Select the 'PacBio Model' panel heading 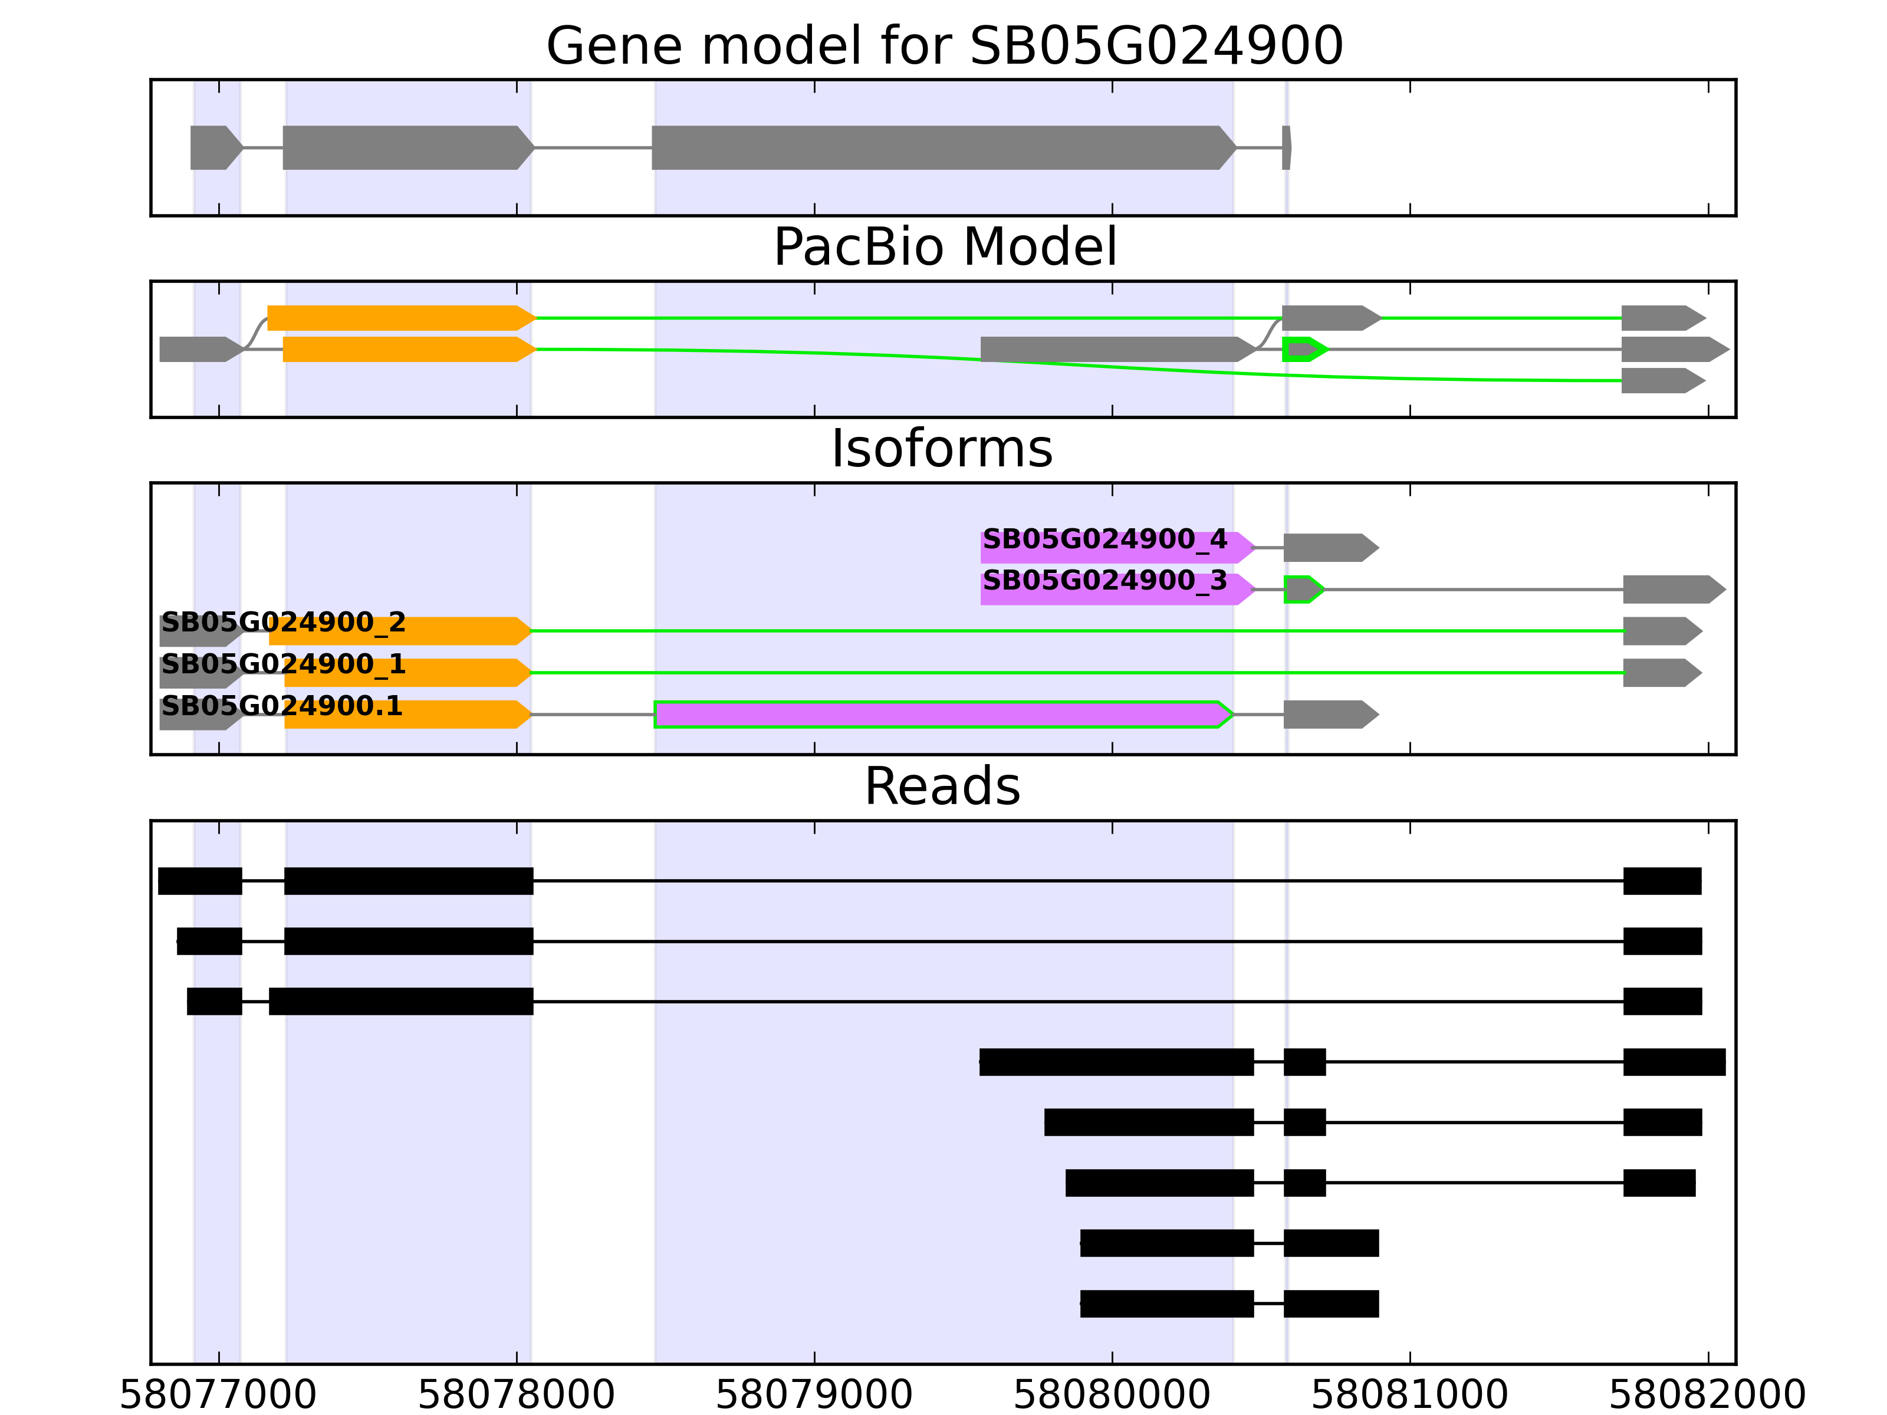tap(943, 248)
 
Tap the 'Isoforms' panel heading tap(942, 449)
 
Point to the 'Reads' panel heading tap(942, 787)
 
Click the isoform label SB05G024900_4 tap(1104, 540)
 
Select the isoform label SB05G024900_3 tap(1104, 582)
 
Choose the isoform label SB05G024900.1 tap(281, 707)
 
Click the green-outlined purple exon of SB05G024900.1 tap(938, 715)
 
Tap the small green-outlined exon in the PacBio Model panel tap(1303, 349)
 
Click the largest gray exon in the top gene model tap(938, 147)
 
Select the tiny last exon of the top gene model tap(1287, 147)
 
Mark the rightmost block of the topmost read tap(1662, 881)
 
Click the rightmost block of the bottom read tap(1331, 1303)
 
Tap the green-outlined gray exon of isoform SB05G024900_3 tap(1303, 590)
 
